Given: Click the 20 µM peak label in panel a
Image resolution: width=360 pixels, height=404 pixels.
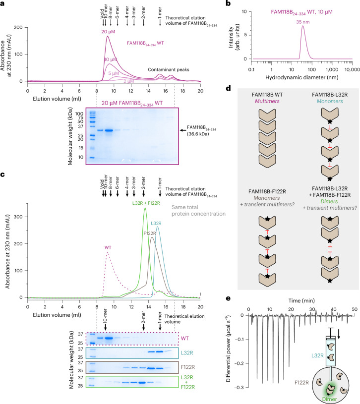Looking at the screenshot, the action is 108,32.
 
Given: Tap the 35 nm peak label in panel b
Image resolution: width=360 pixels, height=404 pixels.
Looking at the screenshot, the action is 303,22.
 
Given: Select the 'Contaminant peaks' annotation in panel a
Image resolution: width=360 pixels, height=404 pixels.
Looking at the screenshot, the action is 169,69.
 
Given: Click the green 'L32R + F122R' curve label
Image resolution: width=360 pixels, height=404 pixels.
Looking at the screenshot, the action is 146,203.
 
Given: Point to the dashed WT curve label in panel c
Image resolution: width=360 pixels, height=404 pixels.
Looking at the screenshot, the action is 108,247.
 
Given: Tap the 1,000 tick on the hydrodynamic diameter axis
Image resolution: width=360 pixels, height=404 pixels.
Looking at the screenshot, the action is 332,69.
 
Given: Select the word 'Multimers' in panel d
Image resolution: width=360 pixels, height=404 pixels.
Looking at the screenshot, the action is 267,101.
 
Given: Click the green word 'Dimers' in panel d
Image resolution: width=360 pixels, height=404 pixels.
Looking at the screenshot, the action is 329,201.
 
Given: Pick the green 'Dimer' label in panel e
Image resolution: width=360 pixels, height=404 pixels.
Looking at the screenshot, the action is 330,399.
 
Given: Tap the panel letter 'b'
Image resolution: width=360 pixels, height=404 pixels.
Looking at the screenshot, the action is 228,3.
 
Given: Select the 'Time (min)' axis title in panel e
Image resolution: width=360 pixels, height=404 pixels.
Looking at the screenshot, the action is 301,301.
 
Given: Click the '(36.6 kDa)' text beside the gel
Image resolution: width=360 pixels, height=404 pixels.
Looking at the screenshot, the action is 198,134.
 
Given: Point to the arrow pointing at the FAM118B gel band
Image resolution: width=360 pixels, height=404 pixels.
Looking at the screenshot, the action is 183,130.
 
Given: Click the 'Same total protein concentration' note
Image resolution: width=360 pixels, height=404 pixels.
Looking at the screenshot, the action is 198,211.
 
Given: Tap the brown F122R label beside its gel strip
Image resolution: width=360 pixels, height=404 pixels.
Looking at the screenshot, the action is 187,367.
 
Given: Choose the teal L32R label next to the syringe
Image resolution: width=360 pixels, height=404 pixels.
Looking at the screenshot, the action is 317,355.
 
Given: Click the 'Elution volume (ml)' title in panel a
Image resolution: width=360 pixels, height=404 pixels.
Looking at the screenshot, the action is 57,99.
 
